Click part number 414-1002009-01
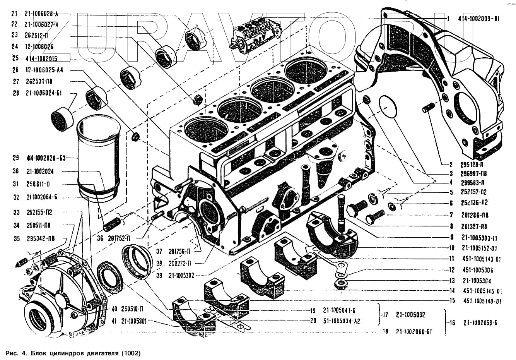coord(479,19)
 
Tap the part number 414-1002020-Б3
coord(46,158)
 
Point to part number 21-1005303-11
coord(479,238)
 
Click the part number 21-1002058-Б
coord(480,323)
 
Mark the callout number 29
coord(16,158)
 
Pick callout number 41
coord(114,321)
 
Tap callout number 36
coord(100,238)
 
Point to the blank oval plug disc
coord(388,107)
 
